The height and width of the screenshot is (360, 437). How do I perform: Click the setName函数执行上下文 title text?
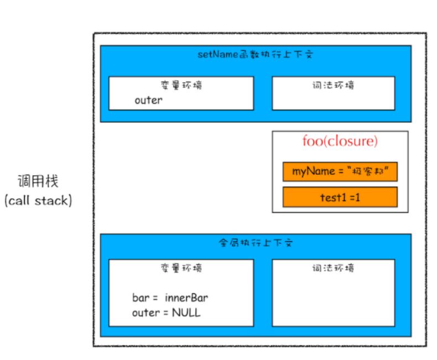click(256, 55)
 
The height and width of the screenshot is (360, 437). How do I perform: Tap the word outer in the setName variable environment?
click(148, 101)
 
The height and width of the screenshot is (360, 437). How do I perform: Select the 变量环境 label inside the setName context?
click(180, 85)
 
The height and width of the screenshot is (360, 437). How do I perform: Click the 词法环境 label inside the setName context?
click(333, 85)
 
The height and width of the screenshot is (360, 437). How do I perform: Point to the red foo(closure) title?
click(340, 142)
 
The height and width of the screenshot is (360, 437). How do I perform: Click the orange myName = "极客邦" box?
click(340, 172)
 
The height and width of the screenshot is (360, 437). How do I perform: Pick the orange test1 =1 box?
click(340, 197)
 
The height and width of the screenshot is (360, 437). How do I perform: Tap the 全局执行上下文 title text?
click(255, 243)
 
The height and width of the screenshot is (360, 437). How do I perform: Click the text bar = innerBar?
click(170, 298)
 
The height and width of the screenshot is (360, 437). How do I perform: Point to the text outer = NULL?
click(166, 312)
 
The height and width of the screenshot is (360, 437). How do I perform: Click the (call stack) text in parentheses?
click(38, 200)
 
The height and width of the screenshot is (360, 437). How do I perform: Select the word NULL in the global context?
click(186, 312)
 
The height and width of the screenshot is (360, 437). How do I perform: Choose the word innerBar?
click(186, 298)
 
